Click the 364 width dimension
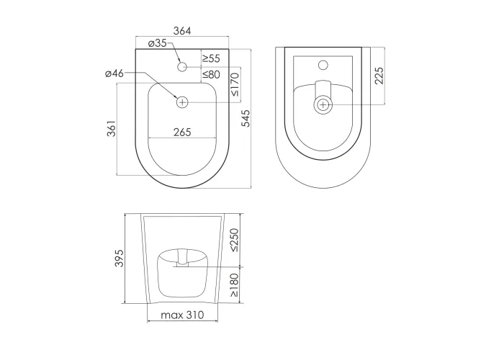coord(182,31)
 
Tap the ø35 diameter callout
coord(158,43)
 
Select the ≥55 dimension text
coord(211,58)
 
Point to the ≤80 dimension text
coord(211,75)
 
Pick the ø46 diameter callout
coord(114,73)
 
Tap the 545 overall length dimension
coord(246,118)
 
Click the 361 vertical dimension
coord(111,129)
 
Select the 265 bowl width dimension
coord(182,132)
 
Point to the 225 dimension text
coord(379,76)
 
